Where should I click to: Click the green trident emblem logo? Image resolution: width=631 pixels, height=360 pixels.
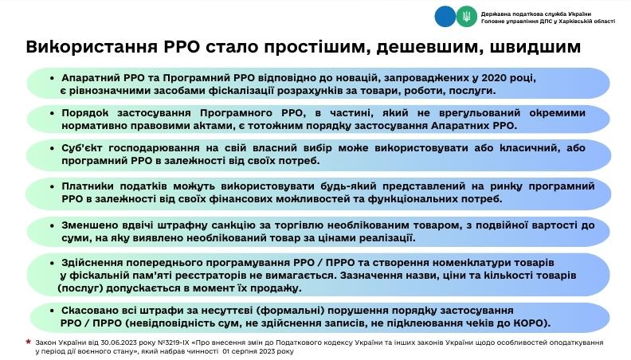click(466, 17)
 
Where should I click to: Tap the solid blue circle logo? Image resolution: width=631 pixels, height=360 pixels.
click(445, 17)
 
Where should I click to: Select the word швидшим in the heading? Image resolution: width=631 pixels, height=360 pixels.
click(535, 47)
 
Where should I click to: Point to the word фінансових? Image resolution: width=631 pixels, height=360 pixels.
click(238, 199)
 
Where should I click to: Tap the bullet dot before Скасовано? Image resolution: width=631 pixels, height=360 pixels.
click(52, 311)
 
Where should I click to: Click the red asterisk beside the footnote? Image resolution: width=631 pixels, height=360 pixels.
click(28, 342)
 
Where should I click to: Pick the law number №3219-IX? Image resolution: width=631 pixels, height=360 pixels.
click(174, 342)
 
